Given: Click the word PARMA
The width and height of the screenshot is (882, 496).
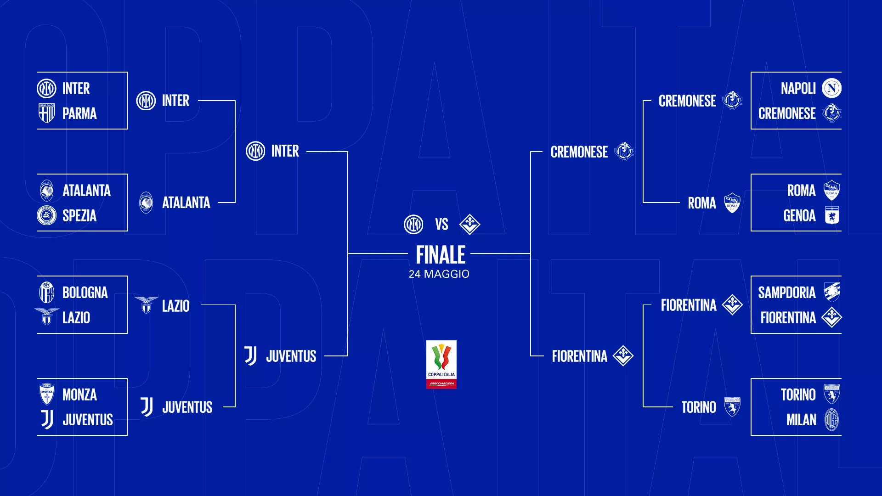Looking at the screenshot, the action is coord(79,113).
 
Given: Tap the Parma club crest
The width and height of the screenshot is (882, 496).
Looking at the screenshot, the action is coord(46,113).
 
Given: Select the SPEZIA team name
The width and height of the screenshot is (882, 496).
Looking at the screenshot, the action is coord(79,215).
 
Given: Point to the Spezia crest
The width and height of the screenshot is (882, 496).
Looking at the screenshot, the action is coord(46,215).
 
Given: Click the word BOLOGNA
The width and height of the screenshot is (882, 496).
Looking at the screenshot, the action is coord(85,293).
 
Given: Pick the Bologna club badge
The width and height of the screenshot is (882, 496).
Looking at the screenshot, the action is coord(46,293).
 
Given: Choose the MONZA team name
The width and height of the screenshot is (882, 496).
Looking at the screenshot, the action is coord(79,395).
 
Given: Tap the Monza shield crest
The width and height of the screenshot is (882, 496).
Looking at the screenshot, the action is coord(47,394).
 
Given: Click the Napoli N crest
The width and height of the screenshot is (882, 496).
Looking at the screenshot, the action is coord(831,88).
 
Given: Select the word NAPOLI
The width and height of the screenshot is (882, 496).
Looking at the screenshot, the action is coord(798,89).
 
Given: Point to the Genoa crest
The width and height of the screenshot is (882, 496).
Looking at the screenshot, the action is coord(832,215).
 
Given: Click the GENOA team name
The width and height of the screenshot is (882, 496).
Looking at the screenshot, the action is coord(799,215).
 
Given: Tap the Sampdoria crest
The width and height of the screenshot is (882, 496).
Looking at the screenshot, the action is coord(832,292).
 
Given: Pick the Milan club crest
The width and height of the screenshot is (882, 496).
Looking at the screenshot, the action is coord(832,420).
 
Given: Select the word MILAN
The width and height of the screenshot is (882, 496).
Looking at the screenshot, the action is coord(802,420).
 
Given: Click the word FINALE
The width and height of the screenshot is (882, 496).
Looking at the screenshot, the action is coord(441,255).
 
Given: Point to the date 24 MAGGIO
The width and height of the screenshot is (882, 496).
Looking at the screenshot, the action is coord(439,274).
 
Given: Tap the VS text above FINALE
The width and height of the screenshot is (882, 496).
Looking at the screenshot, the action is coord(441,225).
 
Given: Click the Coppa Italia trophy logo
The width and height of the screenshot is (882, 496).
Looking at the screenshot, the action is coord(441,365).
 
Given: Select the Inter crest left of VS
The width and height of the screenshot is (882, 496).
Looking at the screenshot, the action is coord(413,225).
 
